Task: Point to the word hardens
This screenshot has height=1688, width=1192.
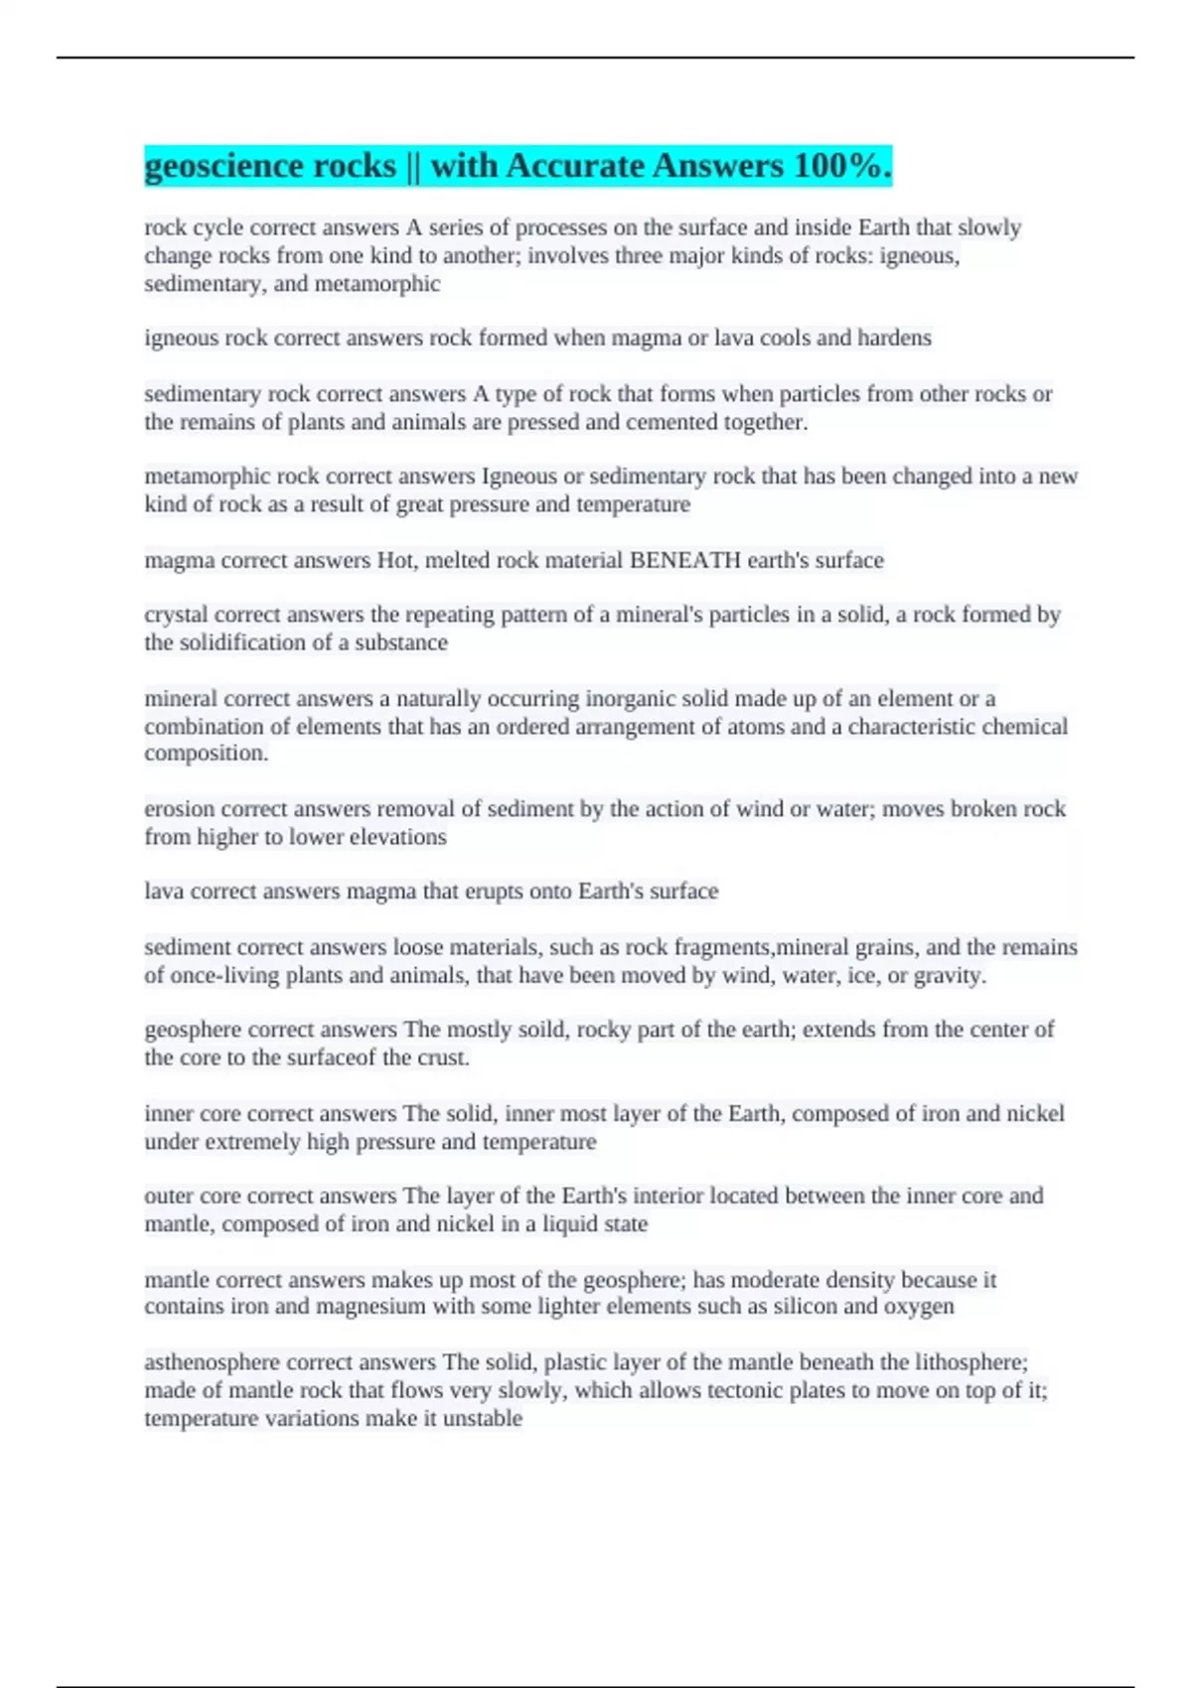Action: (895, 339)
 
